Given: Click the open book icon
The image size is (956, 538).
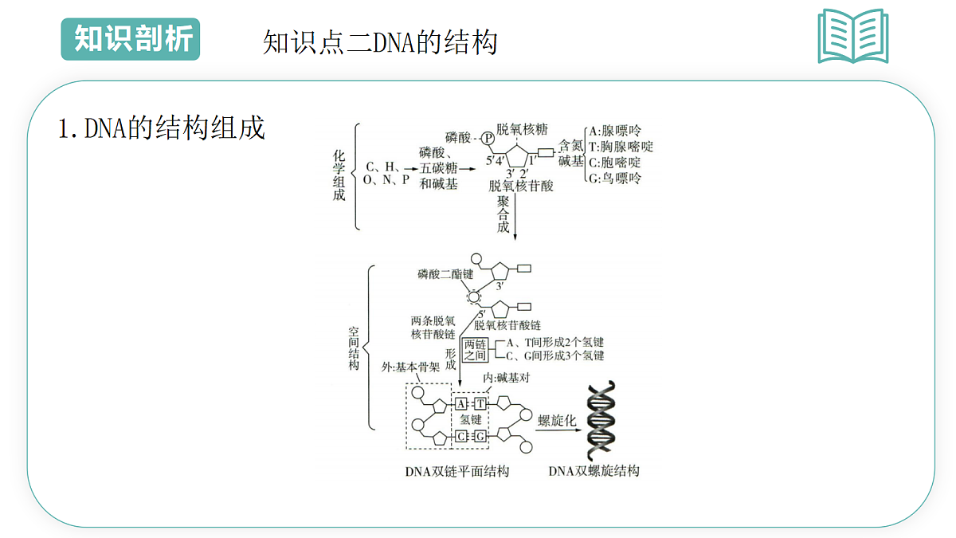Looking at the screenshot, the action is [x=853, y=36].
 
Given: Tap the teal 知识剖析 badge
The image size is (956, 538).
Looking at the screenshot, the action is [x=131, y=39].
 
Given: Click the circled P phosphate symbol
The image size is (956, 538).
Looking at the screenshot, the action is [x=488, y=139].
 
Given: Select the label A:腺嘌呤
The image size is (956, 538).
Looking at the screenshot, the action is [x=615, y=131].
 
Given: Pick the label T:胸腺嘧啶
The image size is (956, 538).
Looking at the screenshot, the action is [x=621, y=147].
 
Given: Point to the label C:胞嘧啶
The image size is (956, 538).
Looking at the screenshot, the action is [x=615, y=163].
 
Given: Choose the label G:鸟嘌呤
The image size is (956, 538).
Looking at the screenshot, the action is [x=615, y=178].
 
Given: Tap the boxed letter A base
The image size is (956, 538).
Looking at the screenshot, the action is [x=461, y=403].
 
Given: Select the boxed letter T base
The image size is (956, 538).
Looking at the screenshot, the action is [x=480, y=403].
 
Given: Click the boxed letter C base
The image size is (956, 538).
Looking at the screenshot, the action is [x=461, y=437].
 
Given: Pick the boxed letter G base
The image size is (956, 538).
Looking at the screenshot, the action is [x=480, y=437].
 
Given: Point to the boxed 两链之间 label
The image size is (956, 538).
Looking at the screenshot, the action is [x=475, y=350].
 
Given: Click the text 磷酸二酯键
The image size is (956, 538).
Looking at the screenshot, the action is [x=445, y=274].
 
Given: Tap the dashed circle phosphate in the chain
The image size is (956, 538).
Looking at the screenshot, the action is [x=474, y=296].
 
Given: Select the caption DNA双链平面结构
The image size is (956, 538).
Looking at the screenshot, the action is [x=457, y=471].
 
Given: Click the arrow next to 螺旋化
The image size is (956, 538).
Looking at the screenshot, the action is [x=558, y=430].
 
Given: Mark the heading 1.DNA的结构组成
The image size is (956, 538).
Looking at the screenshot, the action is [x=161, y=128].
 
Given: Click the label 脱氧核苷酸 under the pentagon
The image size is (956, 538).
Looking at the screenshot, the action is [x=521, y=186].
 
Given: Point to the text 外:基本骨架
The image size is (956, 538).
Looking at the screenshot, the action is [x=410, y=367].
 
